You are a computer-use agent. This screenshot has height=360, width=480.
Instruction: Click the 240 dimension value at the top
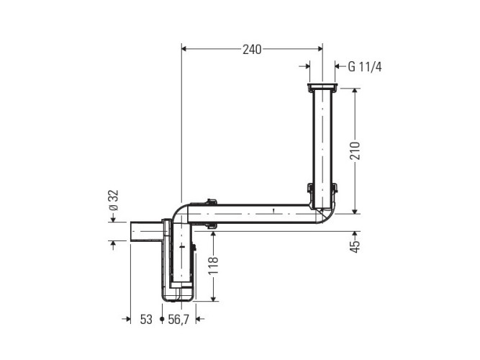pos(250,50)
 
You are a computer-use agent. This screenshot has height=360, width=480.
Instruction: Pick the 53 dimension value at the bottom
pos(146,319)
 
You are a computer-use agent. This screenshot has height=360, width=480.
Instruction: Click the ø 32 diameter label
pos(112,201)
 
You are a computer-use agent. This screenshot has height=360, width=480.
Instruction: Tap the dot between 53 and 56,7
pos(162,318)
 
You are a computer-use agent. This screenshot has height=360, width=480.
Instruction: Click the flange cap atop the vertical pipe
pos(322,88)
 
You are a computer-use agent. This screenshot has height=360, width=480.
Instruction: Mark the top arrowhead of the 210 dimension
pos(354,92)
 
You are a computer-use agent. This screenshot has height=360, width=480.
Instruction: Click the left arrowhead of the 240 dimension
pos(184,50)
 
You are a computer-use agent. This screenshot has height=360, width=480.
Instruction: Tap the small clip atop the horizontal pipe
pos(211,204)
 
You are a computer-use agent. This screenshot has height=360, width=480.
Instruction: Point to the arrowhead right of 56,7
pos(200,318)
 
